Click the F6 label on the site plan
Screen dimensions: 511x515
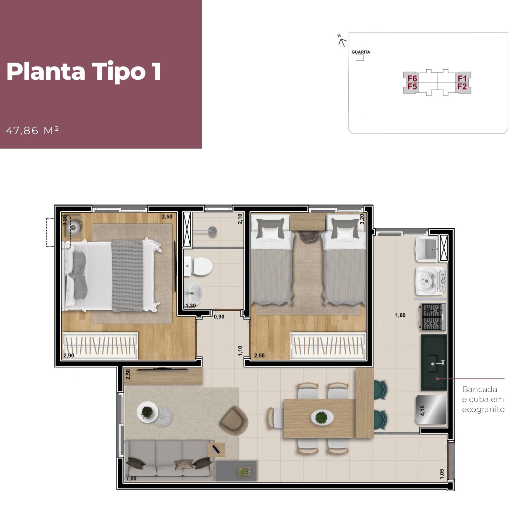[x=412, y=79]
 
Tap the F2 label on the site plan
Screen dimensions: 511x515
[x=462, y=86]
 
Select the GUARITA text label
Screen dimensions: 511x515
[x=361, y=52]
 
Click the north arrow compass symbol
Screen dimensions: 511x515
[x=342, y=41]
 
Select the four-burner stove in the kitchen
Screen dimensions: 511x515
[x=432, y=317]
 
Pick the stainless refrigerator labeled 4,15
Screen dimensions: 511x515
[x=432, y=410]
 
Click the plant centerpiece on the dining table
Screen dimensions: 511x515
[x=322, y=417]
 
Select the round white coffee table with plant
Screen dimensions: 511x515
[x=147, y=412]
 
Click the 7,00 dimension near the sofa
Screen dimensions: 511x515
[x=131, y=479]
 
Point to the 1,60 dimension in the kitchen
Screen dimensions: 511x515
[x=400, y=315]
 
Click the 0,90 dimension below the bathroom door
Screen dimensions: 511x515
[x=219, y=317]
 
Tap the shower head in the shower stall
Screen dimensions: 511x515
[x=212, y=230]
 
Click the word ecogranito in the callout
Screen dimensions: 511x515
[x=483, y=409]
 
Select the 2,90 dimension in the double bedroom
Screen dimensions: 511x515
[x=69, y=356]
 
